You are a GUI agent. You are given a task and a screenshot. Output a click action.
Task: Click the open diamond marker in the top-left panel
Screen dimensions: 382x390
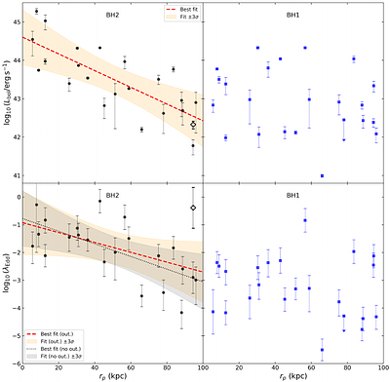click(193, 125)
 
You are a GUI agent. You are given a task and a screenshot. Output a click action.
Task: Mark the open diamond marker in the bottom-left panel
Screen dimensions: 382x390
click(193, 208)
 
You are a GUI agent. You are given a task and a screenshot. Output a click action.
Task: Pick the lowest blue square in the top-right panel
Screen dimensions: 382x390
click(323, 175)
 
